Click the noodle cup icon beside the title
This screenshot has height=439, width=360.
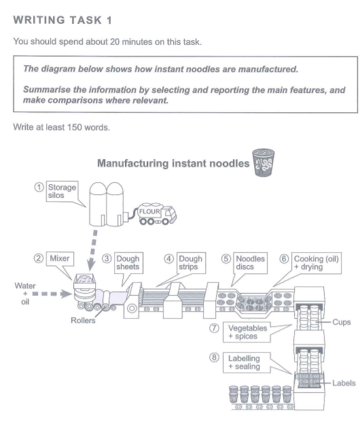[x=262, y=163]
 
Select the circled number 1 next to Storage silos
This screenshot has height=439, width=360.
[x=39, y=188]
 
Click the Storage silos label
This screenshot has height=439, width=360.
[x=61, y=192]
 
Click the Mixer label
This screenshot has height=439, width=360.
[x=58, y=259]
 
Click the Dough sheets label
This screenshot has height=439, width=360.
[x=127, y=263]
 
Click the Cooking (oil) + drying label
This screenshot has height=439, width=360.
[x=315, y=263]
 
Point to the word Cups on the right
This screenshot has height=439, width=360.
[x=342, y=322]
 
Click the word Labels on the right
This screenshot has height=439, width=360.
[x=343, y=383]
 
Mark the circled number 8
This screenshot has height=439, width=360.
[x=214, y=358]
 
